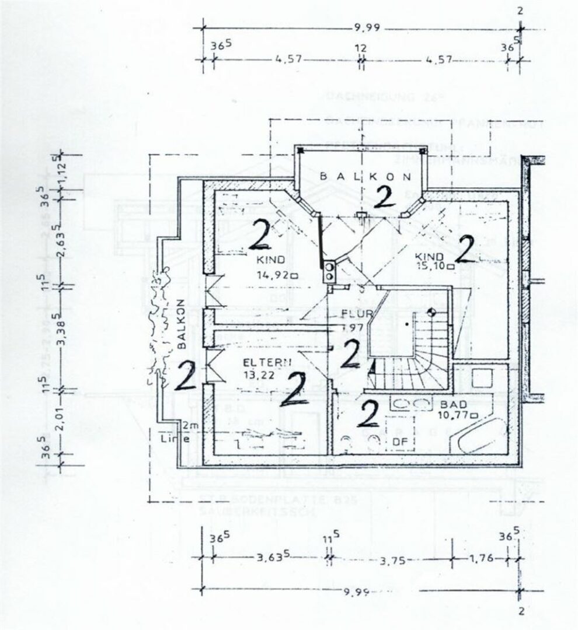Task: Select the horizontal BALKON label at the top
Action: click(x=365, y=176)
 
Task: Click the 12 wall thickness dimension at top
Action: click(x=360, y=48)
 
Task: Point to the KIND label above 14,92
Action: click(x=269, y=260)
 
